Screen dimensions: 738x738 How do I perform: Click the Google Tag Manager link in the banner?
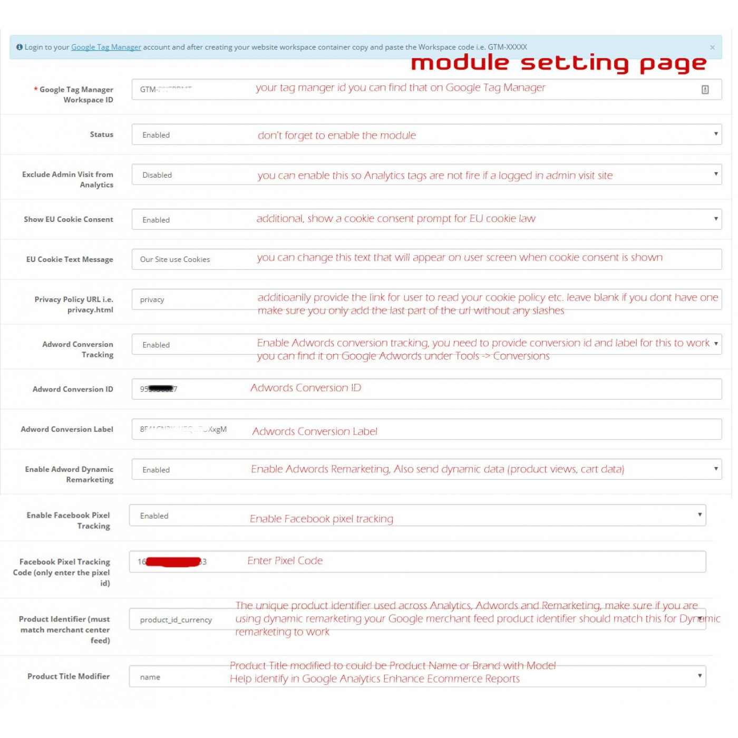coord(106,47)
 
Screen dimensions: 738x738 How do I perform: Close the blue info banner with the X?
coord(712,47)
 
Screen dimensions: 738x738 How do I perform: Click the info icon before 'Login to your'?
coord(20,47)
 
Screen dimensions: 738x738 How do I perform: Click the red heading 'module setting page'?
coord(558,63)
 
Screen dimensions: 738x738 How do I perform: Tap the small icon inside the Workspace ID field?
coord(705,90)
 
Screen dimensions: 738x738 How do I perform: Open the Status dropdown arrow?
coord(715,134)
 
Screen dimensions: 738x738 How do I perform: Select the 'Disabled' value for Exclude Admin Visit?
coord(157,175)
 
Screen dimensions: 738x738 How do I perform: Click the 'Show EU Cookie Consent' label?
coord(69,219)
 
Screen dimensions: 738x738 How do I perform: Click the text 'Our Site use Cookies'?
coord(175,259)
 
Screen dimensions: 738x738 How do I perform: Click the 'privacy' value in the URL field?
coord(152,299)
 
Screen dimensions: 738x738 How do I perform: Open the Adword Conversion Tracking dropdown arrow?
coord(715,344)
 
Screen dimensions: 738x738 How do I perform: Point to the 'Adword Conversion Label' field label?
coord(67,429)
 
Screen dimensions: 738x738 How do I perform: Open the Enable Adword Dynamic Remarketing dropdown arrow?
coord(715,469)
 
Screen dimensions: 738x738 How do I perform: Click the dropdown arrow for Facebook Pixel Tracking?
coord(700,514)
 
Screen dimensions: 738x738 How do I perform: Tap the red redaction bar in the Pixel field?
coord(173,562)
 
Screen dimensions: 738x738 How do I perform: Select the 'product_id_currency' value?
coord(176,620)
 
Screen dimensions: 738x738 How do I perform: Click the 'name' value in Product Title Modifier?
coord(150,677)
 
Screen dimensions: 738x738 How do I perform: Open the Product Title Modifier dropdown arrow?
coord(700,675)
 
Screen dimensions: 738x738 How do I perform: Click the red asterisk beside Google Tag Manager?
coord(35,89)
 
